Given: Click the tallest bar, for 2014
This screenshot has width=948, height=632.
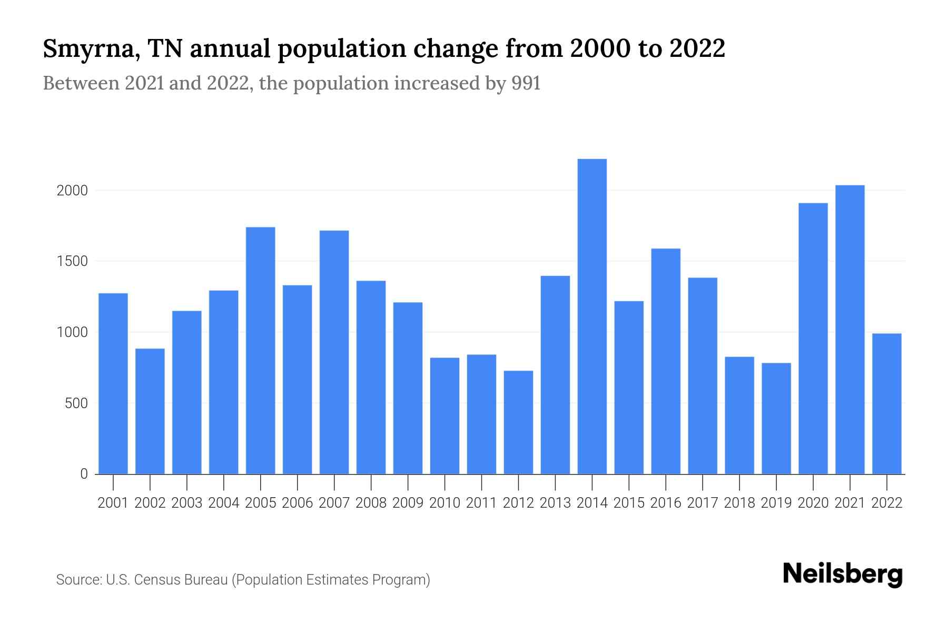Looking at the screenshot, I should click(592, 316).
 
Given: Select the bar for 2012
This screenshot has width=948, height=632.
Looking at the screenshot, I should click(518, 422).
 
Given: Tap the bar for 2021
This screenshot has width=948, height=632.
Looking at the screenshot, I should click(850, 330).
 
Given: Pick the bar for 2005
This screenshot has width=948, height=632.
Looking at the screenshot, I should click(261, 350).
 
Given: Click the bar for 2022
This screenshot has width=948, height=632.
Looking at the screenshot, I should click(887, 403).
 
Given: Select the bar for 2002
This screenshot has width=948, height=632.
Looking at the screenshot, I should click(150, 411).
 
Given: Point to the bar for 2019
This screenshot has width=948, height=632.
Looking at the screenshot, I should click(776, 418).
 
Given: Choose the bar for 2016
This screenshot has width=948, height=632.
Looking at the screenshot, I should click(666, 361).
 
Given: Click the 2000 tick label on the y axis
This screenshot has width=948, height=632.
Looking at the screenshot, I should click(72, 191).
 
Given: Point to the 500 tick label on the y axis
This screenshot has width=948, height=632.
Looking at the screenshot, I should click(76, 404).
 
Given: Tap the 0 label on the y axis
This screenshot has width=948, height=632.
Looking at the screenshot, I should click(84, 474).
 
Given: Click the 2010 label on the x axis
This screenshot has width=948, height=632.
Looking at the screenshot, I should click(445, 503).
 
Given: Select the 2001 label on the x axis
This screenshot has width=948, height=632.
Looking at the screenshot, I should click(113, 503).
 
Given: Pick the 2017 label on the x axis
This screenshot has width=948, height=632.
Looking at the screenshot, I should click(703, 503).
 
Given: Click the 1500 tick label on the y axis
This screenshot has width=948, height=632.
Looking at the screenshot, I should click(72, 262).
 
